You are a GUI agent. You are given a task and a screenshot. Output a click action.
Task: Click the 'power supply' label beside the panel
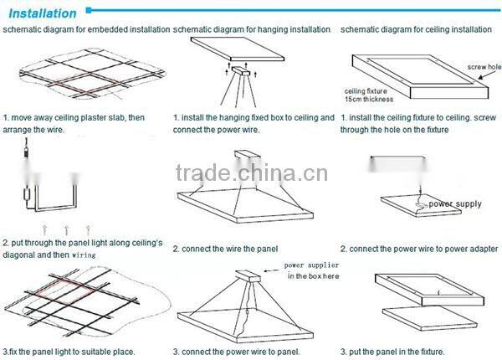coord(457,203)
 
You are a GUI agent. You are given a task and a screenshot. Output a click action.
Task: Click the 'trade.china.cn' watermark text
coord(250,174)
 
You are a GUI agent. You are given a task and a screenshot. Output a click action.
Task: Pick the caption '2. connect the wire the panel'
coord(225,249)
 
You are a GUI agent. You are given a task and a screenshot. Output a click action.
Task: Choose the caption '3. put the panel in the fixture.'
coord(392,351)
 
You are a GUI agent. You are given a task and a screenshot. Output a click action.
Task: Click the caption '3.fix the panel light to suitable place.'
coord(69,351)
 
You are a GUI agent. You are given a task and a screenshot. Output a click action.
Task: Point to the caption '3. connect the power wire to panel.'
coord(237,351)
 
